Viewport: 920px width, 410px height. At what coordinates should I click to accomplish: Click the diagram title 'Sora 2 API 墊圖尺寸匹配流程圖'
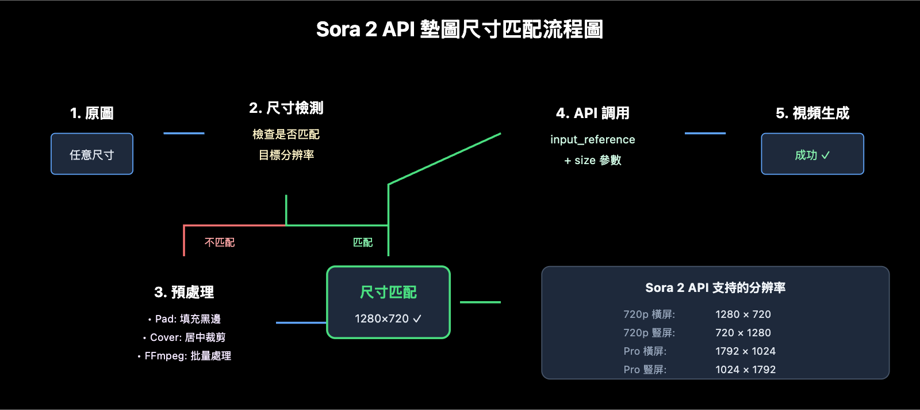459,29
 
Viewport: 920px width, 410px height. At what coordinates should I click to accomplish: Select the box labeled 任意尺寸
92,154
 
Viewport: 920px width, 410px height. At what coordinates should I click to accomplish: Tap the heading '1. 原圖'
92,113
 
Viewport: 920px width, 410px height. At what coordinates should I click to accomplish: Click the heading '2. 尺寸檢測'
286,108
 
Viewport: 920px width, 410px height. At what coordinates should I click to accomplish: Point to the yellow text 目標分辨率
286,155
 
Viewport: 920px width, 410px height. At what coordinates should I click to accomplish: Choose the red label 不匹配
220,242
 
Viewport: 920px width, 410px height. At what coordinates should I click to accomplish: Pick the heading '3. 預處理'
184,293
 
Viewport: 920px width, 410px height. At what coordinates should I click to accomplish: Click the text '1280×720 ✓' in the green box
388,318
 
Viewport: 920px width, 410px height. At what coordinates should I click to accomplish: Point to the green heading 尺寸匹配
388,293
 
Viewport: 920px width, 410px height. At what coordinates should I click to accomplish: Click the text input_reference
592,139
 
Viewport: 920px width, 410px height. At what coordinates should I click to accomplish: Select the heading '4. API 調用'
592,113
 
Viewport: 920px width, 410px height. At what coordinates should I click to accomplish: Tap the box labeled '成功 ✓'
812,154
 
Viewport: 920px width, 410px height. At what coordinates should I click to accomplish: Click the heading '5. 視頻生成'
812,113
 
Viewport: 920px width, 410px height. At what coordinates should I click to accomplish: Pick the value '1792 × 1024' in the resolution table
745,351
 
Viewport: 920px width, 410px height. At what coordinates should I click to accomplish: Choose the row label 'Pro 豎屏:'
645,370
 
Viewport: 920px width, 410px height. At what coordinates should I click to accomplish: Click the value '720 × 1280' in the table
743,333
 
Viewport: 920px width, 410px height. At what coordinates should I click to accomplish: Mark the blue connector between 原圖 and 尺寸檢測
184,134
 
